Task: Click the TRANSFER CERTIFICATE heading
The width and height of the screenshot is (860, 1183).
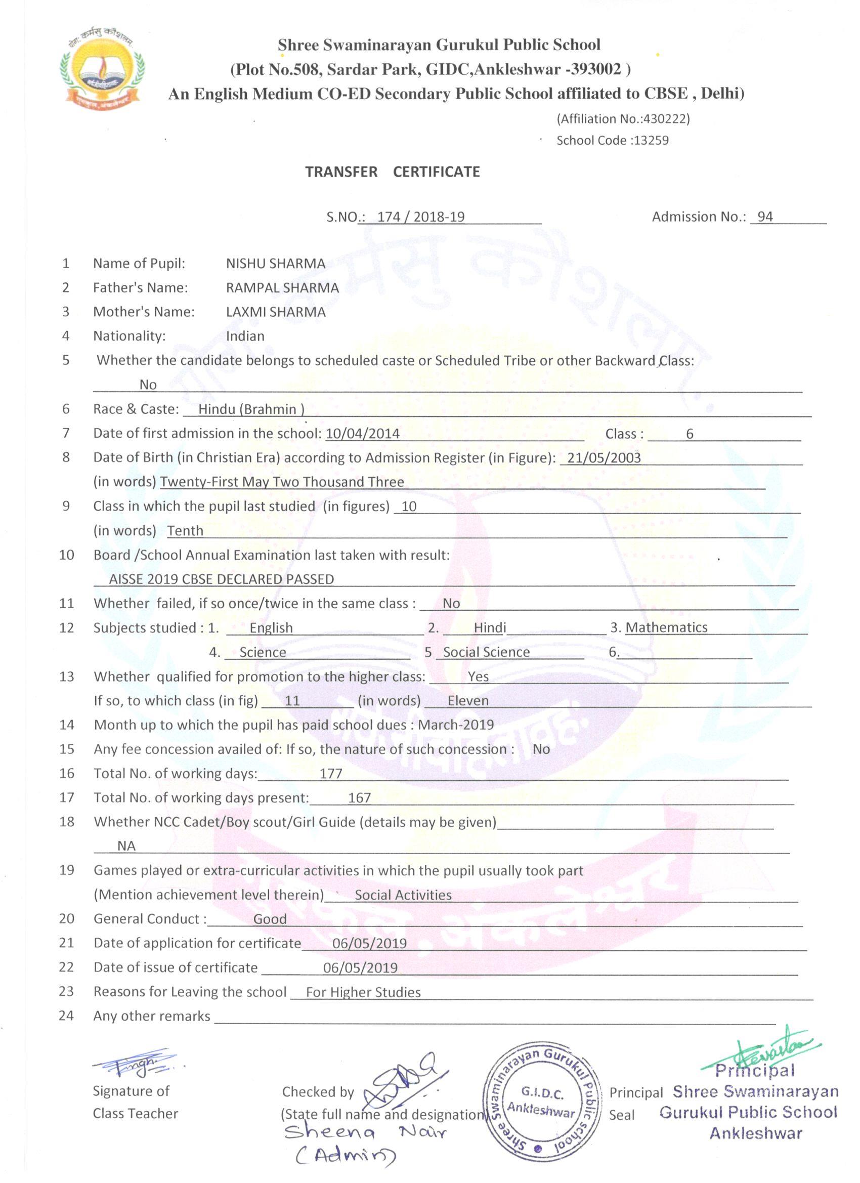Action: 392,172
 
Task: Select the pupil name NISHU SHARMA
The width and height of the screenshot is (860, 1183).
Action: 275,264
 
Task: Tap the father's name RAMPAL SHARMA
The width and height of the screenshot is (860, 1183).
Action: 282,288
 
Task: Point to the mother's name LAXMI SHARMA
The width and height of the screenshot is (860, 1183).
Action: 275,312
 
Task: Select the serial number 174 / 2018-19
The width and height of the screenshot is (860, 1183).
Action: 420,217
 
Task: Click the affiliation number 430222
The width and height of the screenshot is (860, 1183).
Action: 665,119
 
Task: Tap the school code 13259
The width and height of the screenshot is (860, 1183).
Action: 650,140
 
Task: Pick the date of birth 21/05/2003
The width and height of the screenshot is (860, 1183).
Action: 604,458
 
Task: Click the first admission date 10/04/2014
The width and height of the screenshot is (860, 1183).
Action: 362,434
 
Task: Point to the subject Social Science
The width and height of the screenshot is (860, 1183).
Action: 486,652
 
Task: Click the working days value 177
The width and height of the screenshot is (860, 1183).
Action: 331,774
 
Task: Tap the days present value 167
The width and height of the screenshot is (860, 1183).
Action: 359,797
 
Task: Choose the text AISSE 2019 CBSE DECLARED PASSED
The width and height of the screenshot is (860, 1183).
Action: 221,579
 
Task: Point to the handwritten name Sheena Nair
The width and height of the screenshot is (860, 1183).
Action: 365,1133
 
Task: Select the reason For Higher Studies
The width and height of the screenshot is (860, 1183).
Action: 363,992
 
